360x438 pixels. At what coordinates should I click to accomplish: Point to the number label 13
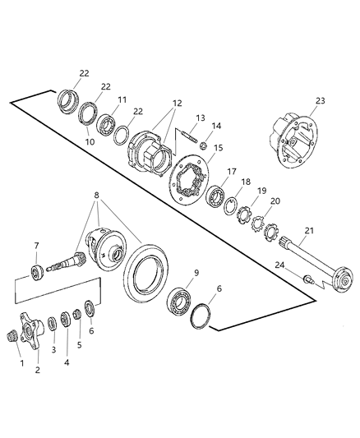pyautogui.click(x=200, y=118)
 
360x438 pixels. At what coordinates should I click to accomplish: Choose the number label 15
pyautogui.click(x=219, y=148)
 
